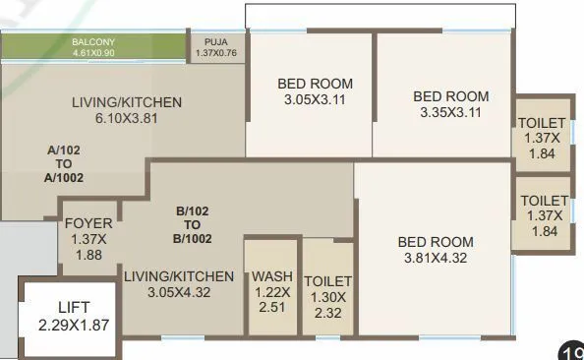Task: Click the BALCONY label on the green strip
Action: (x=94, y=41)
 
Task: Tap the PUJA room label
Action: (x=216, y=41)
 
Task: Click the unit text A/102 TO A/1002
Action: (x=65, y=164)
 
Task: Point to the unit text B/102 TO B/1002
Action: (x=195, y=224)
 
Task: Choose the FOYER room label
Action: (x=88, y=223)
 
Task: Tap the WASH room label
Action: (x=271, y=276)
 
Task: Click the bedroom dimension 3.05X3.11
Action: (x=316, y=99)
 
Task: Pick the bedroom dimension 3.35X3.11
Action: (x=450, y=112)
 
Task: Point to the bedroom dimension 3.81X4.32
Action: (x=435, y=259)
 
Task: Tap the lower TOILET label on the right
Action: (x=544, y=201)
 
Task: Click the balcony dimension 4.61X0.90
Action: (x=94, y=51)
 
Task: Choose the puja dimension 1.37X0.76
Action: (x=216, y=52)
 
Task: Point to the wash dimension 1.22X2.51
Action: (x=271, y=300)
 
